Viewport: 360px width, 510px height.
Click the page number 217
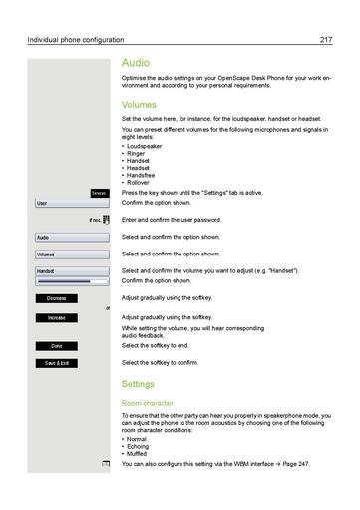coord(325,40)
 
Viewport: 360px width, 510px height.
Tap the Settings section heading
coord(138,383)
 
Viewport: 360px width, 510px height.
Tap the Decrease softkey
coord(56,298)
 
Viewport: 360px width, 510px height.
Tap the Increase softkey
coord(56,317)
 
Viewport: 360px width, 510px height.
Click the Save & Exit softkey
coord(56,363)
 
